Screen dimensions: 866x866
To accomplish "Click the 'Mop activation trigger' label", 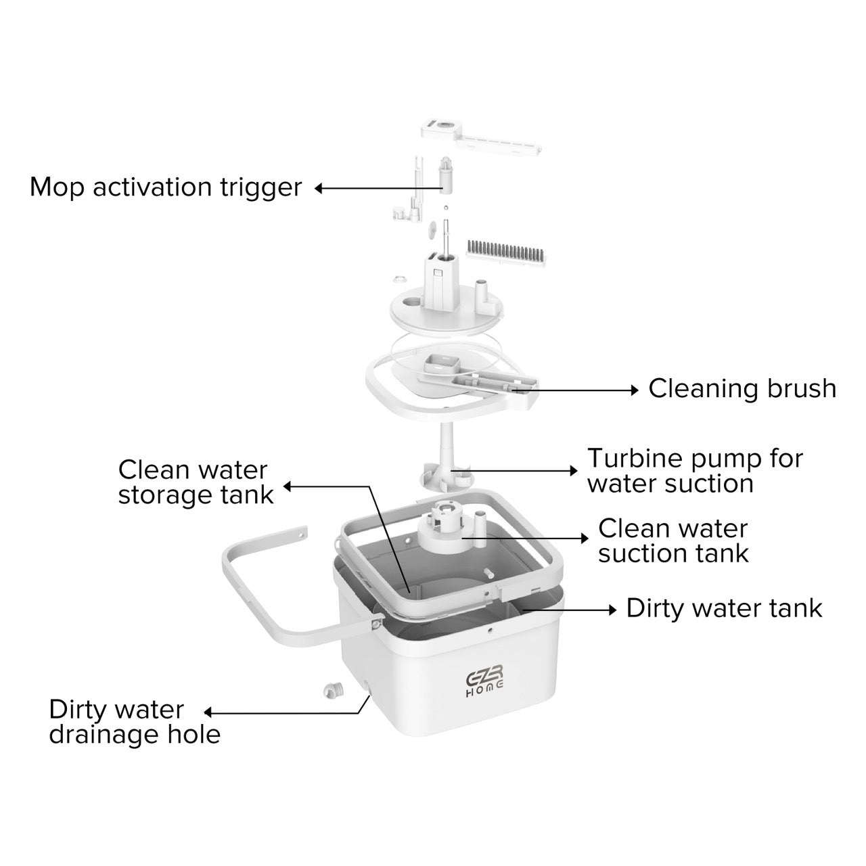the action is [165, 187].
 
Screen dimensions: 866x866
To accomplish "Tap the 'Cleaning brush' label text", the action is [742, 388].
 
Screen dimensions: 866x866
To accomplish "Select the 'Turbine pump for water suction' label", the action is [695, 471].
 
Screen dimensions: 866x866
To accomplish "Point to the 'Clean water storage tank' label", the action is [196, 482].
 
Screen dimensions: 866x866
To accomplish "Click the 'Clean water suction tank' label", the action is [673, 541].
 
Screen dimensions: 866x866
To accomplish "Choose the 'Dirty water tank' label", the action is [724, 608].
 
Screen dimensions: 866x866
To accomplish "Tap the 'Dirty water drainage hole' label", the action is [135, 722].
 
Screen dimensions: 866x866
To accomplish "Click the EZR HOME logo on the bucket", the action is [484, 681].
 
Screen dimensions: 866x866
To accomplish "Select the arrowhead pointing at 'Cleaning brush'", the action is [635, 390].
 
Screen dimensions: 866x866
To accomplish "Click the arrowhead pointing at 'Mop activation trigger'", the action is [319, 188].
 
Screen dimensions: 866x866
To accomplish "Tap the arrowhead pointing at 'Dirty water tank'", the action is [612, 610].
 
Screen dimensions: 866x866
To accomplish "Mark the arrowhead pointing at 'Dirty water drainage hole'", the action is [208, 712].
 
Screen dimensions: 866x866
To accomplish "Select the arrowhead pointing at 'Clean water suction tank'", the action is [585, 539].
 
